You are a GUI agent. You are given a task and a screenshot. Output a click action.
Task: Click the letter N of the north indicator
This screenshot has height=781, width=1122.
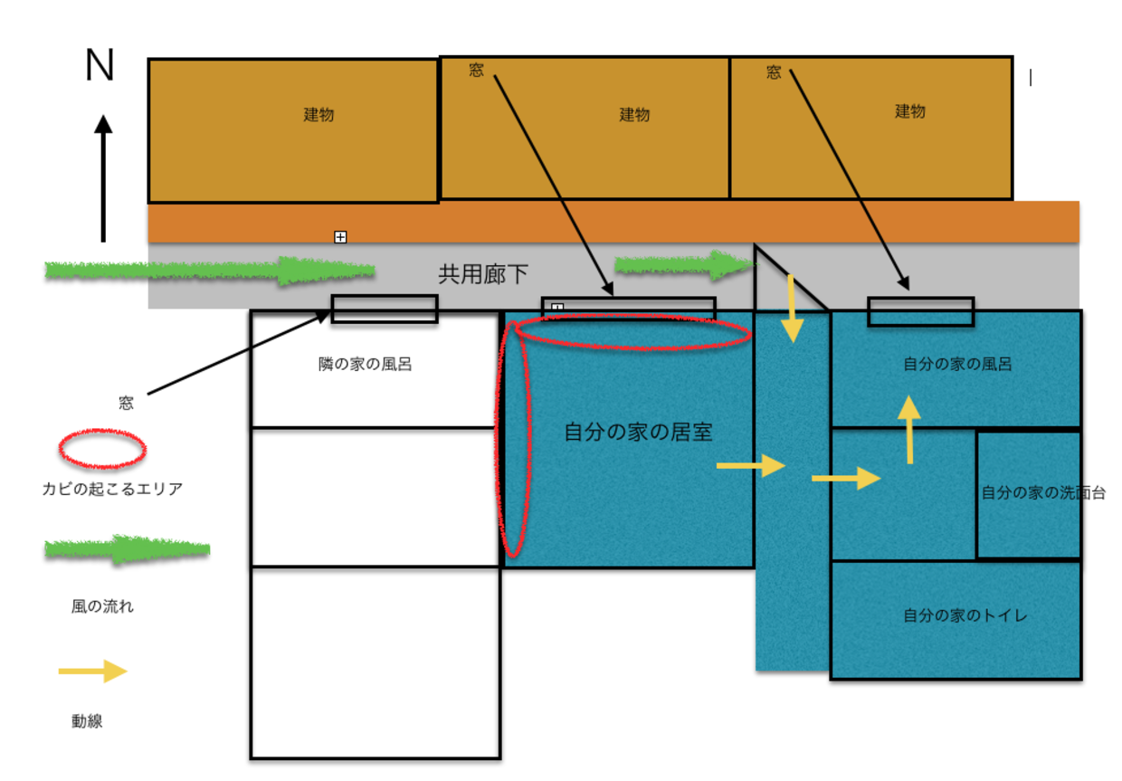(100, 65)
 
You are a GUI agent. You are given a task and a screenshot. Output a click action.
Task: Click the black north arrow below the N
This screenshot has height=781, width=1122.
(103, 177)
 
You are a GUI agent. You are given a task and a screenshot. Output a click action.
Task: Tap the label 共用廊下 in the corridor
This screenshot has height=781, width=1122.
(483, 274)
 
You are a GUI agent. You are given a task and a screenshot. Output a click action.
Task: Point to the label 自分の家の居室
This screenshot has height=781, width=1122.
(638, 433)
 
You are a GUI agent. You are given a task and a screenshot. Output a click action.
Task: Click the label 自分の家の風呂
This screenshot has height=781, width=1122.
(957, 365)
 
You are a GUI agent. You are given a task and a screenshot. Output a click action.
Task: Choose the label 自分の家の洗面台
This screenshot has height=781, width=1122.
(1042, 493)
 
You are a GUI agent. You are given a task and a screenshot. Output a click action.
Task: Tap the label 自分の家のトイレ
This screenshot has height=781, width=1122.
(965, 615)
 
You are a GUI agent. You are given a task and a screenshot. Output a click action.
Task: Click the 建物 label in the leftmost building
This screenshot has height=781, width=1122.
(319, 115)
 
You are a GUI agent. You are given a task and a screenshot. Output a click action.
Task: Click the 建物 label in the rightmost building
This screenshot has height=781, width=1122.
(910, 111)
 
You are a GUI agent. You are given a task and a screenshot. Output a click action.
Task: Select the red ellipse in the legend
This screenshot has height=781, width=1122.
(102, 449)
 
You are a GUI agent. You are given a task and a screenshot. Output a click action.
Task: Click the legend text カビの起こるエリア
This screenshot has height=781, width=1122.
(111, 490)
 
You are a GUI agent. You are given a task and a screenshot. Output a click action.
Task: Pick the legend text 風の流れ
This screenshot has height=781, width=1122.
(102, 606)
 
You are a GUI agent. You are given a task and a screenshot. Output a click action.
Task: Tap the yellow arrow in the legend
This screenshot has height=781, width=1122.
(92, 671)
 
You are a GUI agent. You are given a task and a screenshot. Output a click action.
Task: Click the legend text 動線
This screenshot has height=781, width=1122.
(87, 721)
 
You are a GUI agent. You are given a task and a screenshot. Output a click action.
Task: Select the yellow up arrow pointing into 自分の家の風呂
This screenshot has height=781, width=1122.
(908, 431)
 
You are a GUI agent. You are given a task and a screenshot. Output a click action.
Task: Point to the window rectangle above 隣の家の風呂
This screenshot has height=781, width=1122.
(385, 309)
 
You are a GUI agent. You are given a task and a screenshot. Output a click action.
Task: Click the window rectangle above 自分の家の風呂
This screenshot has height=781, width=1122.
(920, 311)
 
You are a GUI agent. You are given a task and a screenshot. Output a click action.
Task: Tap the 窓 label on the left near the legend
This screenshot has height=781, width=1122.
(126, 404)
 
